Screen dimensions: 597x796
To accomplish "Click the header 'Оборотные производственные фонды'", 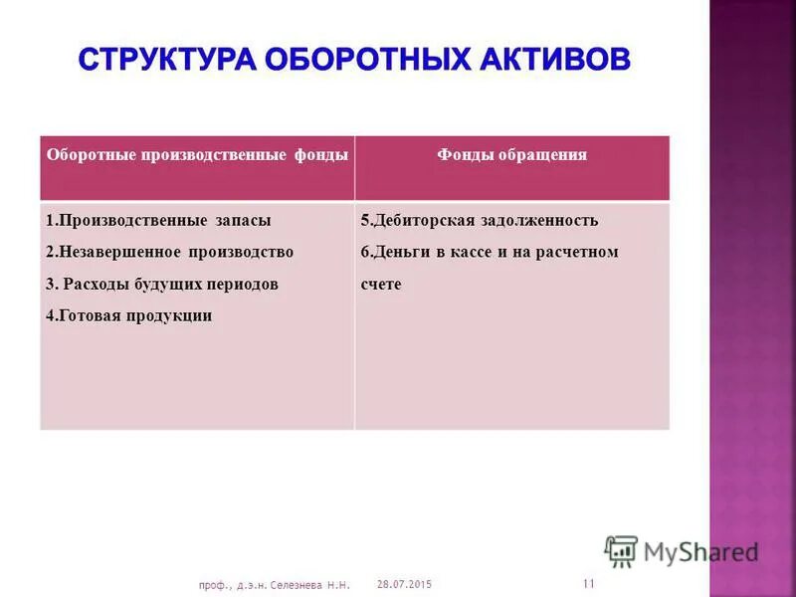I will [x=197, y=155].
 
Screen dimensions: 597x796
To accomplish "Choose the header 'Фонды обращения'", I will [x=511, y=155].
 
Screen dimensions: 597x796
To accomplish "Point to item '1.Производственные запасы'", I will [x=158, y=220].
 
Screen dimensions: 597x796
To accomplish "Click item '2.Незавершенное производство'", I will [x=169, y=252].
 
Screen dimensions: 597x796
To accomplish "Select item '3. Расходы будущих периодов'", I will [x=162, y=284].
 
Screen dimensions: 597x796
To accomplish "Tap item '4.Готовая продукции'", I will [x=129, y=315].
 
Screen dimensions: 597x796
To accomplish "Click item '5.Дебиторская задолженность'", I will [x=479, y=220].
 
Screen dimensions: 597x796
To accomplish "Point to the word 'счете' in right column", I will [x=380, y=284].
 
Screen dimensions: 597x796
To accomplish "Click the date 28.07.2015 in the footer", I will [x=406, y=583].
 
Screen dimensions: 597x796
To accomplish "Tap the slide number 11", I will [x=588, y=582].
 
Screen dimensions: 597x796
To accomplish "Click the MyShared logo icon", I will [x=621, y=550].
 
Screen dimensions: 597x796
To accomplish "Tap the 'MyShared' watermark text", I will [x=699, y=551].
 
